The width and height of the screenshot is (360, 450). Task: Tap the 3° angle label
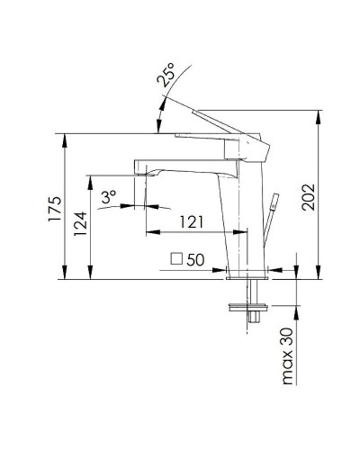(109, 195)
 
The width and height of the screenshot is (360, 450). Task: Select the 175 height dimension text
(53, 210)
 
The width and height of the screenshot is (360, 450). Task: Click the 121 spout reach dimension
(191, 221)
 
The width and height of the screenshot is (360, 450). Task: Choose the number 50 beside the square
(197, 259)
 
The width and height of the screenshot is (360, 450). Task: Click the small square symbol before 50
(177, 259)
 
